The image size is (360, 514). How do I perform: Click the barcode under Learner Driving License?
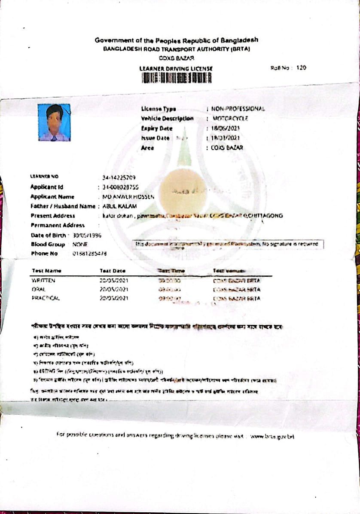[177, 78]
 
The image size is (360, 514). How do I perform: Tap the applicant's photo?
[54, 122]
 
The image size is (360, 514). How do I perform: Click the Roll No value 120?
[301, 68]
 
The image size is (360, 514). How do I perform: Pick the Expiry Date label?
[156, 128]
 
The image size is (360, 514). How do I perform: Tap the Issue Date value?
[225, 138]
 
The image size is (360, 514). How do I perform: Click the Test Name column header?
[46, 271]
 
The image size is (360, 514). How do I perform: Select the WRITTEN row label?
[43, 281]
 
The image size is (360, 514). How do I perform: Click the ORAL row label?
[39, 290]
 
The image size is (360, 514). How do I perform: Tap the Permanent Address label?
[58, 225]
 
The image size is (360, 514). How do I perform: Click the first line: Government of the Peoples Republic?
[177, 40]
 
